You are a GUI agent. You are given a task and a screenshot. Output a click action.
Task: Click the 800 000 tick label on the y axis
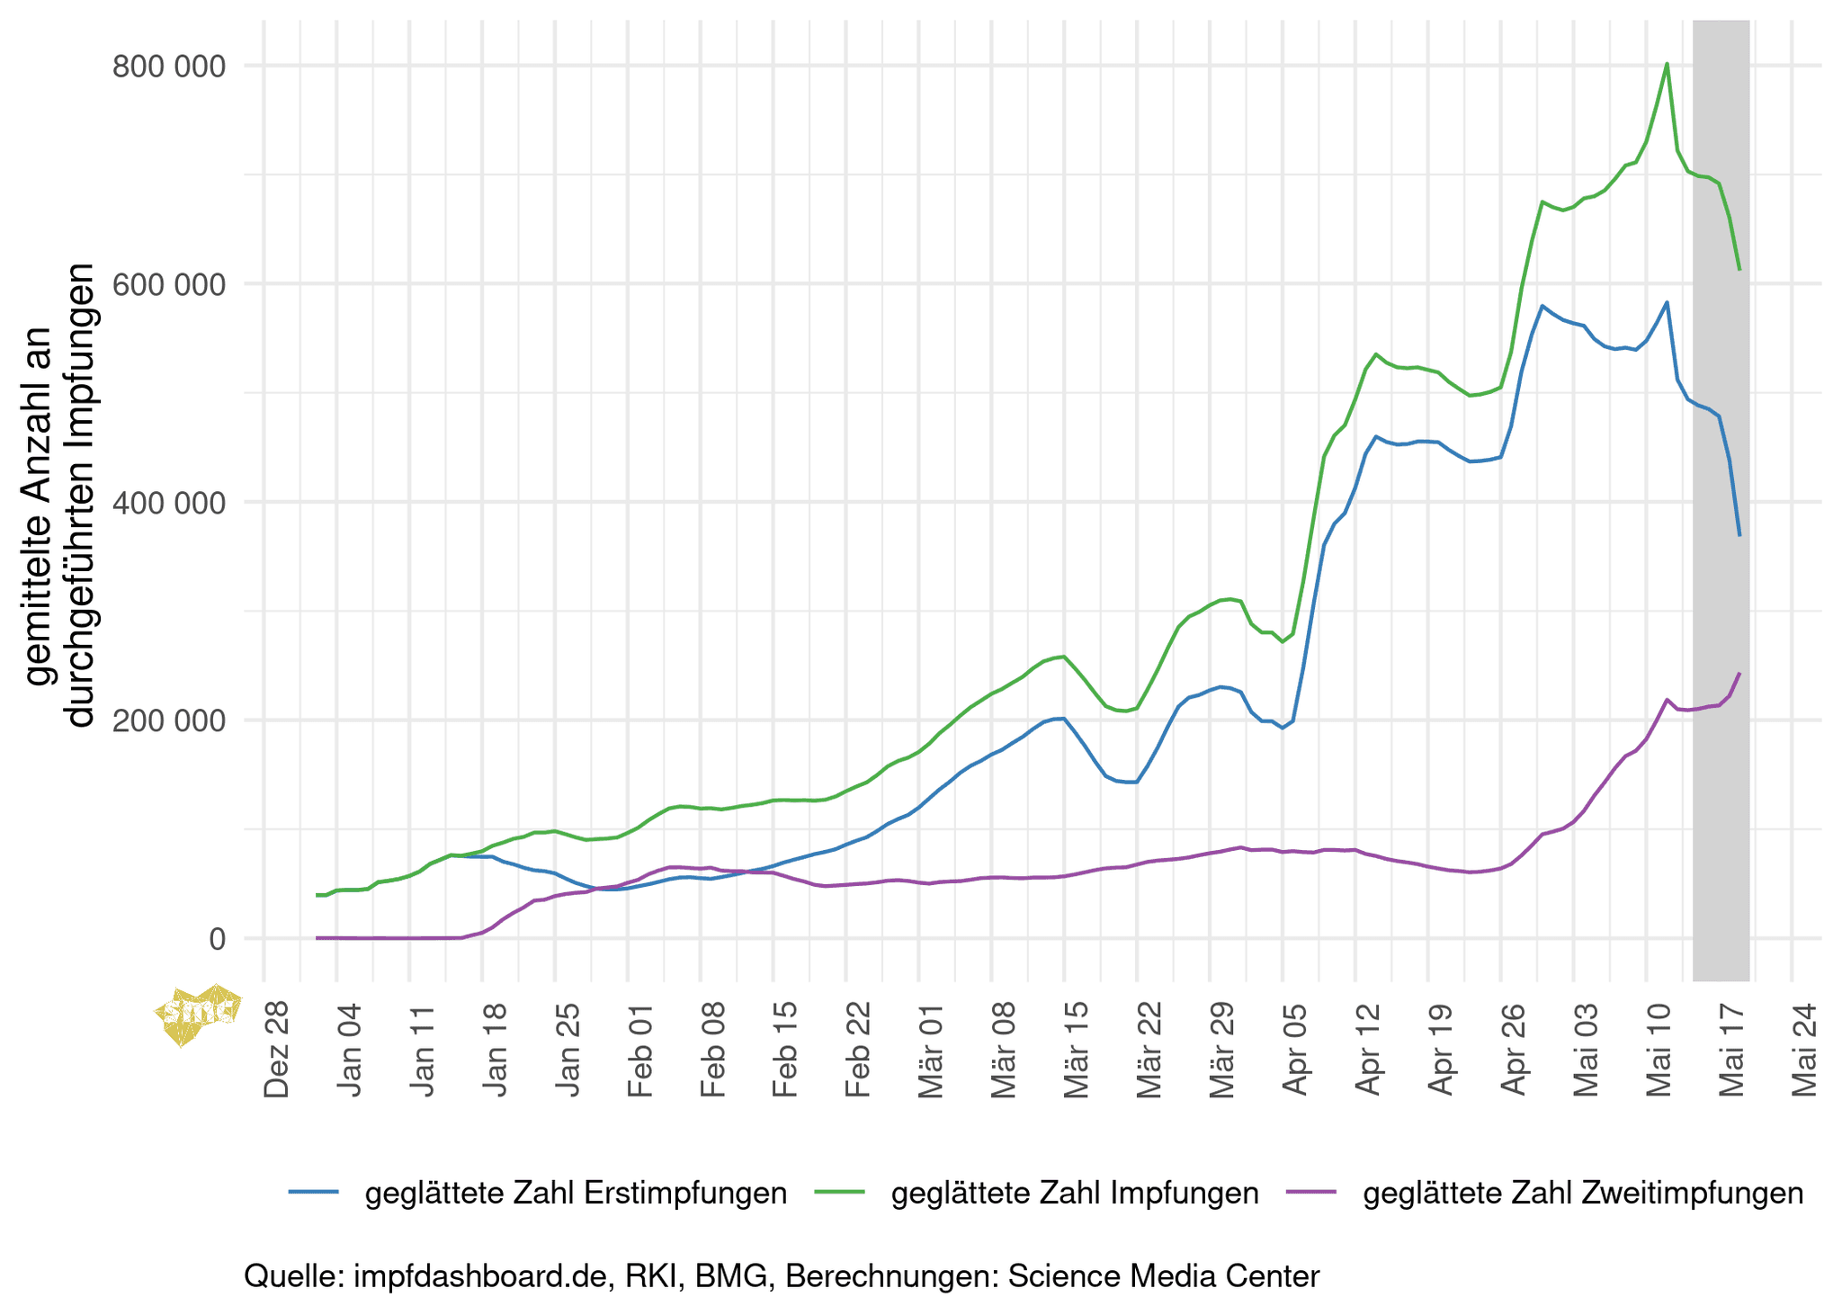(169, 67)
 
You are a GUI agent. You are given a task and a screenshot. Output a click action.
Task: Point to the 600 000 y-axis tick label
(169, 284)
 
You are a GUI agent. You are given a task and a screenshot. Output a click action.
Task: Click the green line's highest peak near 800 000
(1667, 64)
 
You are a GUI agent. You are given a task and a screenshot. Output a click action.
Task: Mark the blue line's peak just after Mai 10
(1667, 302)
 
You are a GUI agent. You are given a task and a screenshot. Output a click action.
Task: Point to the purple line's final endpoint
(1739, 674)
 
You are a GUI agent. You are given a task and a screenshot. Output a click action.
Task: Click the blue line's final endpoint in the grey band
(1739, 535)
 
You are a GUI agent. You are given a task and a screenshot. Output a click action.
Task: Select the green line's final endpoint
(1739, 269)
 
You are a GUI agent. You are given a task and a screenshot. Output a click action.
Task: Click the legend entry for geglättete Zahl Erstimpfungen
(576, 1193)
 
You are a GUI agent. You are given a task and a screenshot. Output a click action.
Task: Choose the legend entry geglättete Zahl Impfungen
(1074, 1193)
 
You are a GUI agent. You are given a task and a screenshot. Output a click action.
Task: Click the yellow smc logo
(198, 1014)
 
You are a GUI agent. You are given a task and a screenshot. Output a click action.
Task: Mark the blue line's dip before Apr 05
(1283, 728)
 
